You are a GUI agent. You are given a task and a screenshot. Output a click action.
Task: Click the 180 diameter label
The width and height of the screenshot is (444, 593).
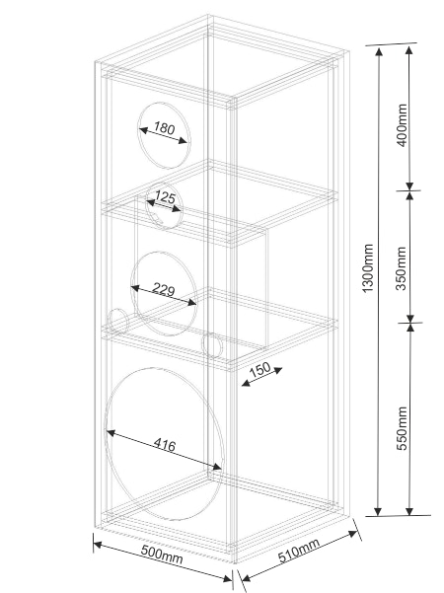[165, 128]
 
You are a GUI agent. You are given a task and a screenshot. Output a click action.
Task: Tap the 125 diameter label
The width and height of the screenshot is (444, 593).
[166, 197]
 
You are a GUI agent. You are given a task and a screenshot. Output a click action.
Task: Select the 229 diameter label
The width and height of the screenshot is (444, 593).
[164, 289]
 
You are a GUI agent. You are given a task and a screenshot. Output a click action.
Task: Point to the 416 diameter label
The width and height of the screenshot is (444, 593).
[166, 444]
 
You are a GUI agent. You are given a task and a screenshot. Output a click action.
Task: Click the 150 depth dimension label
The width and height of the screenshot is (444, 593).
[260, 369]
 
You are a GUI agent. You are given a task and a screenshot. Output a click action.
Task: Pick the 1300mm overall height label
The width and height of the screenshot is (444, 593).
[368, 267]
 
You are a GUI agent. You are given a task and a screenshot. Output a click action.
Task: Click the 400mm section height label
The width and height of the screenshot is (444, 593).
[402, 125]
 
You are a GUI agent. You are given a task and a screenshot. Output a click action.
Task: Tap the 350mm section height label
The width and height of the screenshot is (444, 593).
[402, 268]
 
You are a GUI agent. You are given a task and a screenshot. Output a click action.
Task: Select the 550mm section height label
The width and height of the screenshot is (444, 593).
[402, 428]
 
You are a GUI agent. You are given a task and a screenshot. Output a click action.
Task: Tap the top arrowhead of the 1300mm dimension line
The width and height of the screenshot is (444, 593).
[379, 50]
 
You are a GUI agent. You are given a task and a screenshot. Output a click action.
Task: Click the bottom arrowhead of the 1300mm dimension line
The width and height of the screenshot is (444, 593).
[379, 510]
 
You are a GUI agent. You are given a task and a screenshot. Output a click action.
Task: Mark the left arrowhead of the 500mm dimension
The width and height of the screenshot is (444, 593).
[98, 545]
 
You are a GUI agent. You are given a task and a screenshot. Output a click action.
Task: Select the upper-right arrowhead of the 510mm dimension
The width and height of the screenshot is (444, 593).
[353, 534]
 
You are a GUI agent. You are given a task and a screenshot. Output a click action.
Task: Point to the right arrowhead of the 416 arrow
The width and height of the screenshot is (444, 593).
[217, 467]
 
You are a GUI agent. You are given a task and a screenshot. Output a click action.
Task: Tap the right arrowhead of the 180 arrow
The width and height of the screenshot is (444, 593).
[183, 141]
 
